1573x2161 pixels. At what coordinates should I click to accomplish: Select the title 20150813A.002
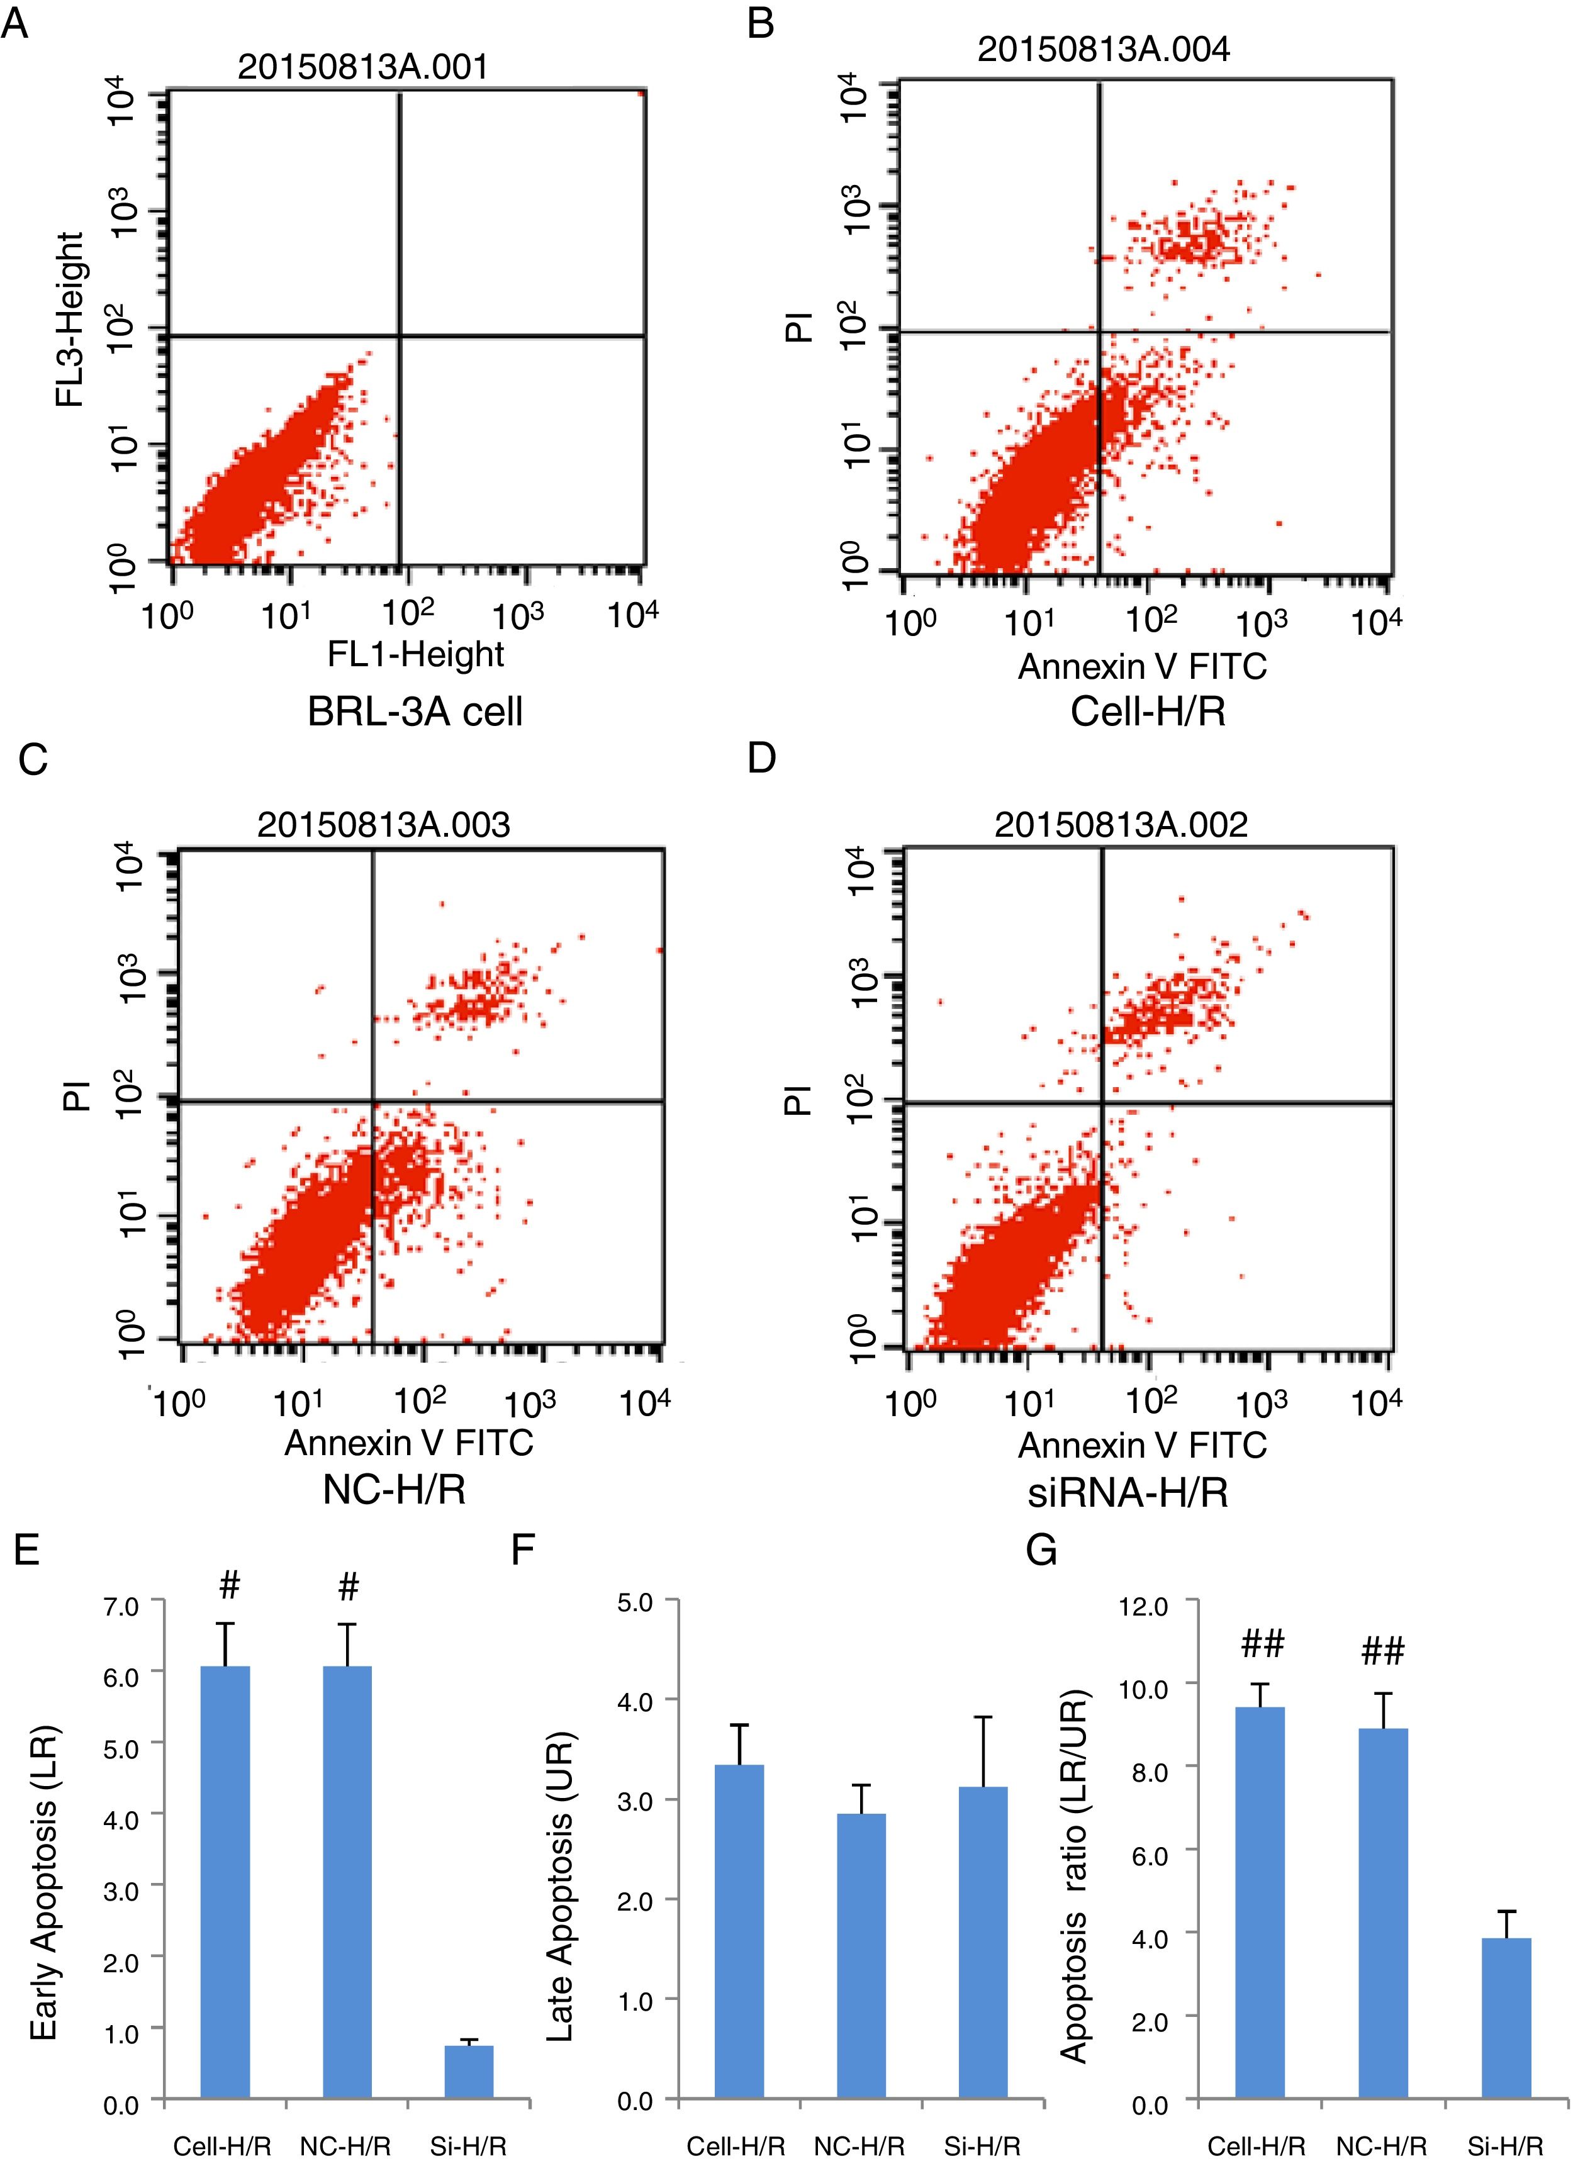coord(1121,824)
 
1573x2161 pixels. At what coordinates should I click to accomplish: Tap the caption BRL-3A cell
coord(415,712)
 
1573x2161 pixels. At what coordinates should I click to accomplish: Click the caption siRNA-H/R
coord(1127,1492)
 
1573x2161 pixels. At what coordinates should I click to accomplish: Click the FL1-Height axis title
coord(415,654)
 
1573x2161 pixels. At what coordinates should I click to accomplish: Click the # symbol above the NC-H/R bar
coord(348,1587)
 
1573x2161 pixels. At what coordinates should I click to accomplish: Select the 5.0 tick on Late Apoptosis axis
coord(634,1602)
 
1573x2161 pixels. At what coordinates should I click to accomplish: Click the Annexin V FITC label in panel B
coord(1143,666)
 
